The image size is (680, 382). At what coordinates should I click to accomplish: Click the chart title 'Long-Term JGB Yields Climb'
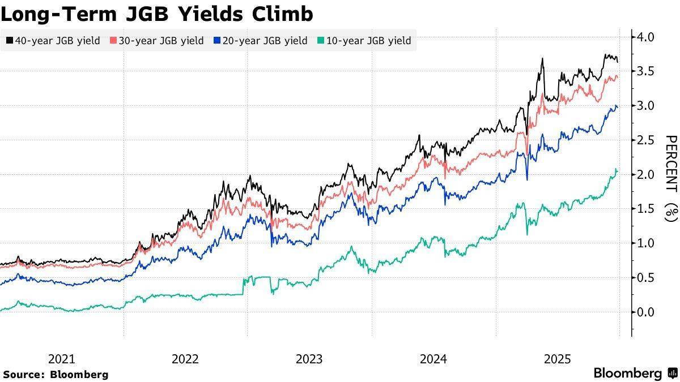coord(157,14)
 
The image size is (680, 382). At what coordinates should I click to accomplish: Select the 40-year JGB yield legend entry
coord(53,41)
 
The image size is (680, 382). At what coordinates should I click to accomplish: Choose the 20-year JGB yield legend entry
coord(261,41)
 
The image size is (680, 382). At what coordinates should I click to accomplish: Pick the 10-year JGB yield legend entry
coord(364,41)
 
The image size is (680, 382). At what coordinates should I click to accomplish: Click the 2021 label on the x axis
coord(61,359)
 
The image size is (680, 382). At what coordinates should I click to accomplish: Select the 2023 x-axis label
coord(309,359)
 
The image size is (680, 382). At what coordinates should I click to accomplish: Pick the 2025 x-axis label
coord(557,359)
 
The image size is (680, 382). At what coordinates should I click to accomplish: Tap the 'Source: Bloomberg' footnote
coord(55,374)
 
